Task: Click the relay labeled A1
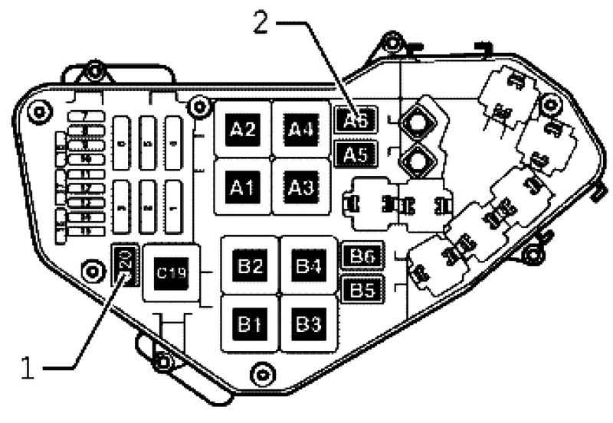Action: (x=243, y=187)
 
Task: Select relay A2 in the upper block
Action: (x=243, y=129)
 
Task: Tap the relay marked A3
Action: (x=300, y=187)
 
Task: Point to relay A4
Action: (x=300, y=129)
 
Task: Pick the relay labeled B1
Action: (x=251, y=324)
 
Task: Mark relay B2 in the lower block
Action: (x=251, y=267)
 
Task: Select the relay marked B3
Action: (x=308, y=324)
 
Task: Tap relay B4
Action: (x=308, y=267)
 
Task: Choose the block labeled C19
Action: (x=172, y=273)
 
